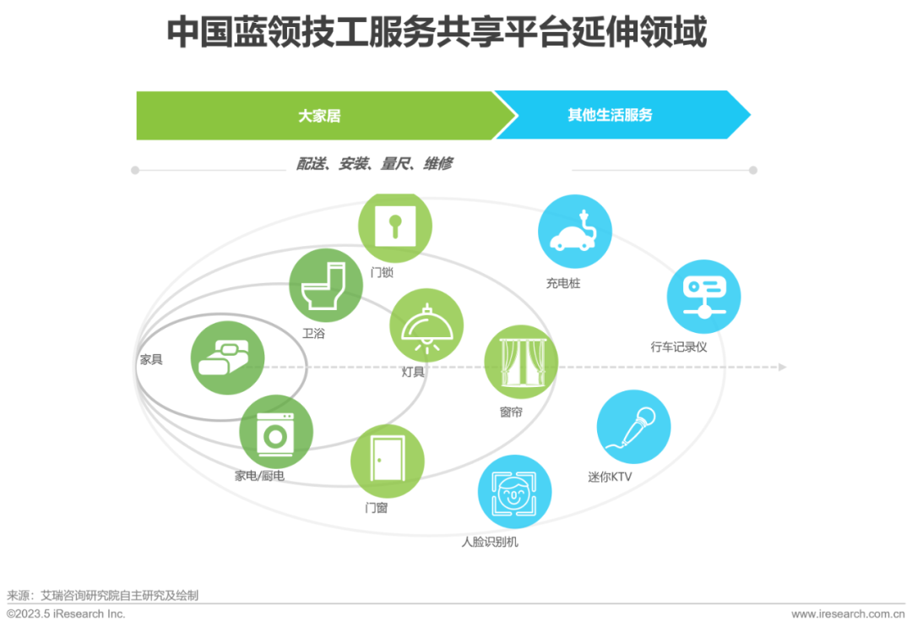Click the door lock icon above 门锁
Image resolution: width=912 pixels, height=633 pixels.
394,226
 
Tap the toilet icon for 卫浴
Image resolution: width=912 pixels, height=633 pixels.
325,285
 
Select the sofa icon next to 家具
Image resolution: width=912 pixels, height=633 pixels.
227,359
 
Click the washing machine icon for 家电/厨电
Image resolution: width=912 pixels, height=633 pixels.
275,432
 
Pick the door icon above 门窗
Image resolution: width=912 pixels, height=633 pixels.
387,461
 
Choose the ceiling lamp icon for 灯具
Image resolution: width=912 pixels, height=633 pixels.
426,325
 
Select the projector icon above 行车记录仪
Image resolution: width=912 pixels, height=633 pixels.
703,297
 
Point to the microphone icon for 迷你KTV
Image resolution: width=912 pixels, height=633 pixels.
633,427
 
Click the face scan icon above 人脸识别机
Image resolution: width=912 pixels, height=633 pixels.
514,491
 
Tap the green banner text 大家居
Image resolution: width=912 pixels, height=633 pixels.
319,116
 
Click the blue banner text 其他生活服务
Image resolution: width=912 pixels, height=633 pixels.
611,115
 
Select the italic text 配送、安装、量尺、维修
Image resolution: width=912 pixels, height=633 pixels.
374,164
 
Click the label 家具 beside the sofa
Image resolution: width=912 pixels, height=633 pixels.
151,359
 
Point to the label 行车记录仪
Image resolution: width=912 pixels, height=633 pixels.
679,347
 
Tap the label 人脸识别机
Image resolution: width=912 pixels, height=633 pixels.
490,541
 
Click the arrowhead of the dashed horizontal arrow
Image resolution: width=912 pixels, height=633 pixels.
782,367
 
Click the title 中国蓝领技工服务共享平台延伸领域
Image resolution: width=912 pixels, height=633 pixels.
436,33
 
